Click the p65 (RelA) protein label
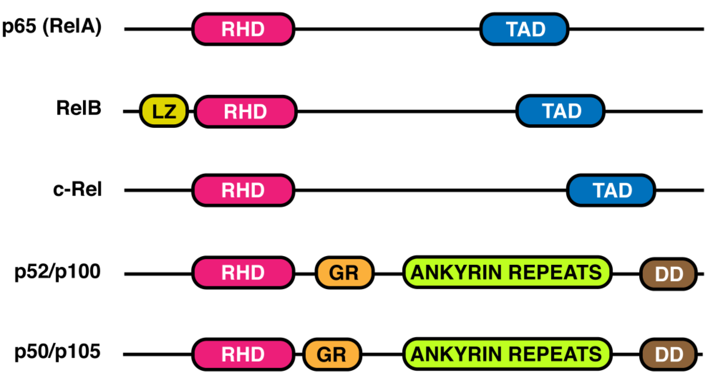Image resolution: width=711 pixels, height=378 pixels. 52,27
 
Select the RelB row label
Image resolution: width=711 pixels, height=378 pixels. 79,108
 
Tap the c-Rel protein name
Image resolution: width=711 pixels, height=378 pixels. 77,189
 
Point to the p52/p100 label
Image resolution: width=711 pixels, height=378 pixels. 57,272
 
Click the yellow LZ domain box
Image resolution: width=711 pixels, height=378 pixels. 164,111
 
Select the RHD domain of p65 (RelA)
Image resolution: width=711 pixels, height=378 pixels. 243,29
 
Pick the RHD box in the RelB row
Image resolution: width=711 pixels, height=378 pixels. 245,111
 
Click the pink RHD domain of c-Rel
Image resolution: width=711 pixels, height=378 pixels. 243,190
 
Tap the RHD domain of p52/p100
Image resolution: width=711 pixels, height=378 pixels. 243,273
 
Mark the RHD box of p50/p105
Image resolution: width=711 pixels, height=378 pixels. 243,354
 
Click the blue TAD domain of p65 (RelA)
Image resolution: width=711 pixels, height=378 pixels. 524,29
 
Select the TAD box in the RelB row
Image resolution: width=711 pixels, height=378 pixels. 560,111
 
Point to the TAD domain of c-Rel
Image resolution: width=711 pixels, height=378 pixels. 611,190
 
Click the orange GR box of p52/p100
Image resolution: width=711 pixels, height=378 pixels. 344,273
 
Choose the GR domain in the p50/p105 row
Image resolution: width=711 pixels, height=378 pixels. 332,354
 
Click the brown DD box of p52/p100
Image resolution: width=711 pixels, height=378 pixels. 669,274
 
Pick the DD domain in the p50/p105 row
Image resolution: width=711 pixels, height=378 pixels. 669,354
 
